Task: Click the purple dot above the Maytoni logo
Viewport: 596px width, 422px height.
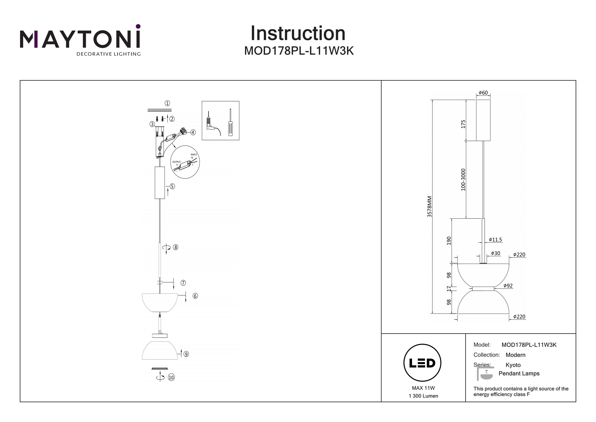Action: [x=138, y=26]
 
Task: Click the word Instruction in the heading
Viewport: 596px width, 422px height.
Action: [x=298, y=34]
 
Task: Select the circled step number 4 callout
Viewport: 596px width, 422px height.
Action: [x=193, y=132]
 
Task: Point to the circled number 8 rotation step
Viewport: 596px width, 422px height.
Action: [x=176, y=247]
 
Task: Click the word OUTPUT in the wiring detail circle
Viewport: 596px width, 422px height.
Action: [x=177, y=162]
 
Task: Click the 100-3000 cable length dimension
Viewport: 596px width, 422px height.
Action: [x=463, y=179]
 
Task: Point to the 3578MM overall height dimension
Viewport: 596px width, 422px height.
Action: [x=430, y=207]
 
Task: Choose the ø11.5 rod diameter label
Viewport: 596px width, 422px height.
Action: [x=495, y=240]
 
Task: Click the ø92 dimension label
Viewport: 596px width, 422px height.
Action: [x=508, y=286]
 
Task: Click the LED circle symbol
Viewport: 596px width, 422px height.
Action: [x=422, y=363]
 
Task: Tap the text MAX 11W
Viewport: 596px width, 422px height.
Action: [x=423, y=388]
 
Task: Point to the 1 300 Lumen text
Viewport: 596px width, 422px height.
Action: [x=423, y=396]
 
